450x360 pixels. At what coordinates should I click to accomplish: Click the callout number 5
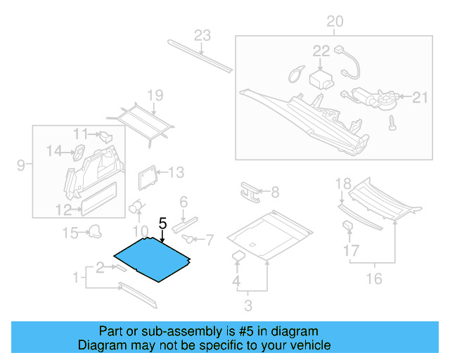pyautogui.click(x=162, y=224)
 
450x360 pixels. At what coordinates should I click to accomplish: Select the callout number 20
pyautogui.click(x=335, y=22)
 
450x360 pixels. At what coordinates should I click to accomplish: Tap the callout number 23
pyautogui.click(x=202, y=36)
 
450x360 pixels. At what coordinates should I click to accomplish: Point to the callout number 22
pyautogui.click(x=321, y=51)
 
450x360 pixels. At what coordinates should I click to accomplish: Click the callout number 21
pyautogui.click(x=420, y=97)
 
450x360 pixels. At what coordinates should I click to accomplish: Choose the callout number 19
pyautogui.click(x=155, y=96)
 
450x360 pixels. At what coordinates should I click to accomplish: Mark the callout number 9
pyautogui.click(x=21, y=165)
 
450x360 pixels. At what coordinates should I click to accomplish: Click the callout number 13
pyautogui.click(x=176, y=172)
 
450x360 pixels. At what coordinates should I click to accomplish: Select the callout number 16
pyautogui.click(x=373, y=279)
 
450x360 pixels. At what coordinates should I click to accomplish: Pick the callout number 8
pyautogui.click(x=274, y=191)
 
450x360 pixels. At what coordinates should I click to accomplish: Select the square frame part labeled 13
pyautogui.click(x=146, y=176)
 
